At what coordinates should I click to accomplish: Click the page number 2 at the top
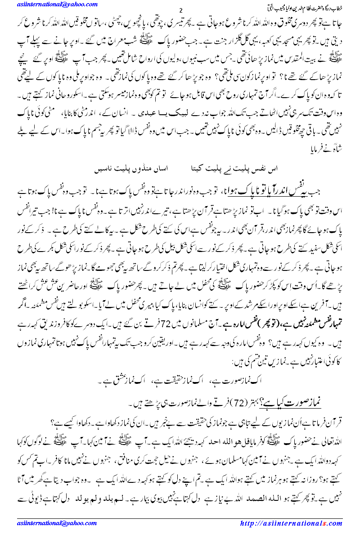[x=180, y=10]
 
